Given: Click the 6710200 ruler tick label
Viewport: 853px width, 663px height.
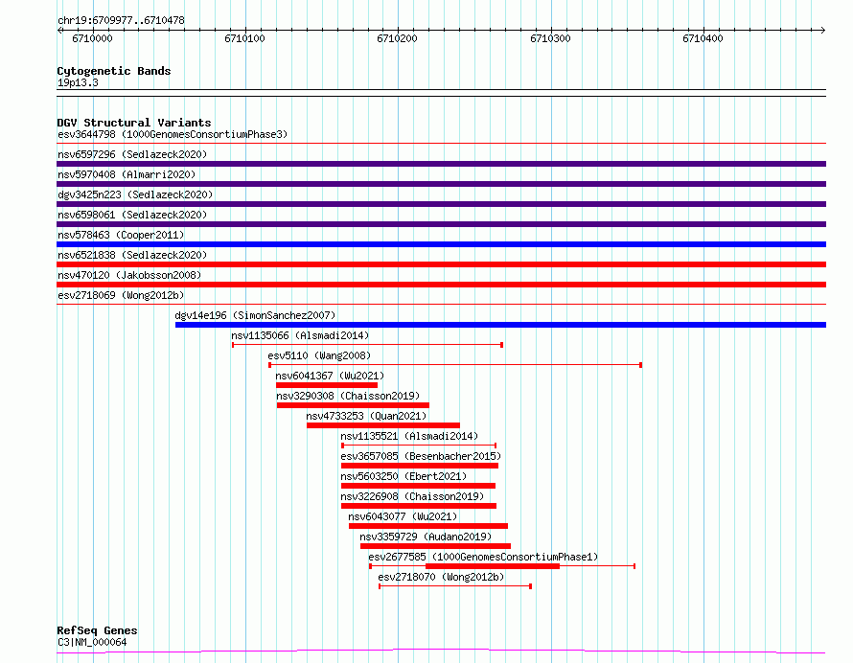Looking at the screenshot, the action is click(397, 38).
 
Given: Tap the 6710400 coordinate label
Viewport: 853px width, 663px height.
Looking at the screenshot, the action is click(703, 38).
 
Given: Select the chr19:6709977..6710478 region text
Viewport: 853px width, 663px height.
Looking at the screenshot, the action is click(122, 21).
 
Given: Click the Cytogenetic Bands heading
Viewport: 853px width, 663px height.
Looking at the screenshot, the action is click(114, 71).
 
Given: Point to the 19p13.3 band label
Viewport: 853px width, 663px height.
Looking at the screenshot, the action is click(78, 82).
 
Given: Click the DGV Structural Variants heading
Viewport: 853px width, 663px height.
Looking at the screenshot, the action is click(134, 123).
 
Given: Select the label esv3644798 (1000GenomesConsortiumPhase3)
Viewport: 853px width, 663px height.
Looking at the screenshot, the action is click(173, 134).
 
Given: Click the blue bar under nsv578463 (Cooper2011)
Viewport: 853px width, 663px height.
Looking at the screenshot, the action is click(441, 244).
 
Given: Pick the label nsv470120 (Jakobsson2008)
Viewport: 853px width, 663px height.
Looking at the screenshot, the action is click(129, 275).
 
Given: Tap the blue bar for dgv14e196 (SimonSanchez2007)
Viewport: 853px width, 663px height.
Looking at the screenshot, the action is click(500, 325).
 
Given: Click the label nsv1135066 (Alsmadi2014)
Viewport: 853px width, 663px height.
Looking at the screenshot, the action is click(300, 335).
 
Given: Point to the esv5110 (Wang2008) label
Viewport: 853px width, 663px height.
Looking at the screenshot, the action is click(319, 355).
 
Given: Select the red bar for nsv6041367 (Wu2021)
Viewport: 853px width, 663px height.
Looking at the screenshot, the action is click(327, 385).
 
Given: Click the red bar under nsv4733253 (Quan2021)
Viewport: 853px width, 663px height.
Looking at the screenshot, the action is click(383, 425).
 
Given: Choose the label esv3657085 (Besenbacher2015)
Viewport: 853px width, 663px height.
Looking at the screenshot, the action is click(421, 456).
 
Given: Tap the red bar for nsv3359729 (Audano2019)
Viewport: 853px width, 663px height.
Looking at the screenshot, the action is click(435, 546).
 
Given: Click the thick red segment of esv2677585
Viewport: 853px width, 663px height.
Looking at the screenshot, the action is click(493, 566).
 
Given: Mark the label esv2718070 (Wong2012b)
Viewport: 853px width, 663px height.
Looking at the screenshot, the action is click(441, 577).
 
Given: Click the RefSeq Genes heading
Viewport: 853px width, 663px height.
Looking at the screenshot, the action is click(97, 630).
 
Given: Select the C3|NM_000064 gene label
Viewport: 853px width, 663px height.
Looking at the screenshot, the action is click(92, 642).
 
